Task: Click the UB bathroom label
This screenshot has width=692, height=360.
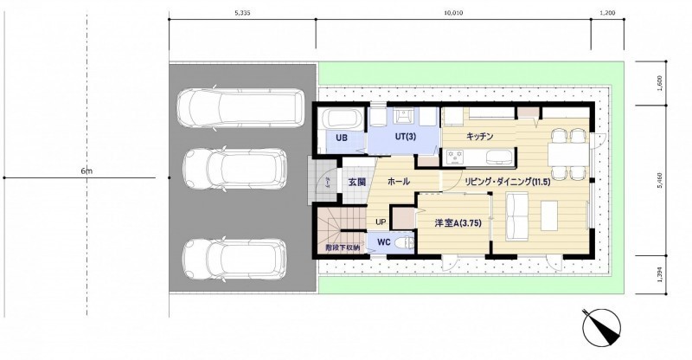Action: (342, 138)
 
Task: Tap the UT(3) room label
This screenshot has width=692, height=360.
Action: (405, 137)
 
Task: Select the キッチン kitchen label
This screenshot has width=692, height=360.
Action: (479, 137)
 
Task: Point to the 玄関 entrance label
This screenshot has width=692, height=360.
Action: (356, 182)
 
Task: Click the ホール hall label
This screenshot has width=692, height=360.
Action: (399, 181)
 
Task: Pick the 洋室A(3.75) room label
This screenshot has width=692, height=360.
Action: (458, 223)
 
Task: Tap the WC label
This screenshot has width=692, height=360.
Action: (384, 242)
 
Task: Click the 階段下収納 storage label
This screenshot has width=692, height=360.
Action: (343, 247)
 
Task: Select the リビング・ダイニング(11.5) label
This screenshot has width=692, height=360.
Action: (508, 182)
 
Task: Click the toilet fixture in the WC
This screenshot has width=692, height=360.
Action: (405, 242)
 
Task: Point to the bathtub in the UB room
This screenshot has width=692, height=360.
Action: (343, 119)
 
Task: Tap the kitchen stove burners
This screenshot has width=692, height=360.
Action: (455, 157)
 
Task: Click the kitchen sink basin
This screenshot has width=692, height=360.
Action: (498, 157)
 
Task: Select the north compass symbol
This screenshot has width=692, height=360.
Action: (601, 327)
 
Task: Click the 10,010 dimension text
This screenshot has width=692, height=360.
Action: (453, 13)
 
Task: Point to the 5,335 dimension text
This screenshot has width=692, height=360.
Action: (242, 13)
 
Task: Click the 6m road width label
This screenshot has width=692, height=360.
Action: (86, 171)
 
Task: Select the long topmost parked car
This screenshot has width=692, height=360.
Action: (241, 108)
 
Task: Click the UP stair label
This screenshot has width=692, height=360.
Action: (381, 222)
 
